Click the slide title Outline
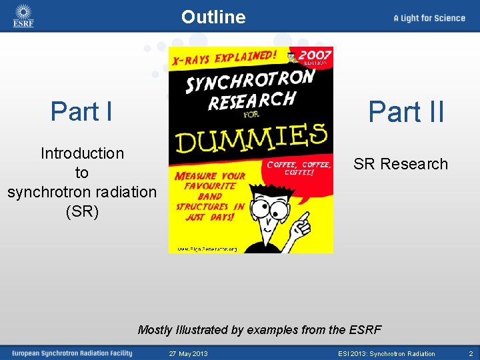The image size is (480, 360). point(213,17)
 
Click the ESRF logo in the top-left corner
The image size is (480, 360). point(23,16)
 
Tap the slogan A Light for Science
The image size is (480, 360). point(429,18)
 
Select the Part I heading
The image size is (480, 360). point(81,111)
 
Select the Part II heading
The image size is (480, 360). point(406,111)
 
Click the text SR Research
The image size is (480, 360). point(401,164)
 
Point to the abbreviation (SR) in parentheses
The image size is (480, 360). point(82,212)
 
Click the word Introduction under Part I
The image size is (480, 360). point(82,153)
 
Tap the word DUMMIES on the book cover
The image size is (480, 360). point(251,139)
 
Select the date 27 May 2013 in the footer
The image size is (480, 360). point(188,353)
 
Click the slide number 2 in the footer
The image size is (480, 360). point(470,353)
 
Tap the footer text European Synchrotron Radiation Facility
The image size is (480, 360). point(72,353)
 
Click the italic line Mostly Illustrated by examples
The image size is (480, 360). point(259,329)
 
